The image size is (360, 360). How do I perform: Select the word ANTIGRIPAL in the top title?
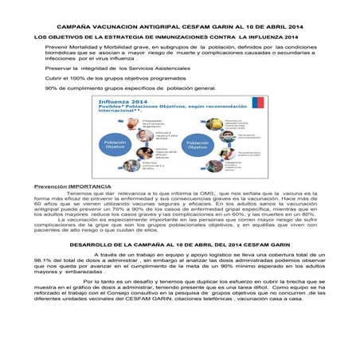tap(166, 26)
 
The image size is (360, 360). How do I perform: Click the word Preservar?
tap(58, 69)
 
